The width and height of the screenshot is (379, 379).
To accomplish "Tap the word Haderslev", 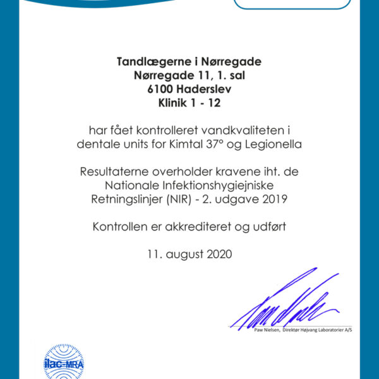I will pos(202,89).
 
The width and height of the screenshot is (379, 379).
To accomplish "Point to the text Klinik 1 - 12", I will pos(189,103).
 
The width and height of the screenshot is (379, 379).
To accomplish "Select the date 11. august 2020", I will pos(189,255).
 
